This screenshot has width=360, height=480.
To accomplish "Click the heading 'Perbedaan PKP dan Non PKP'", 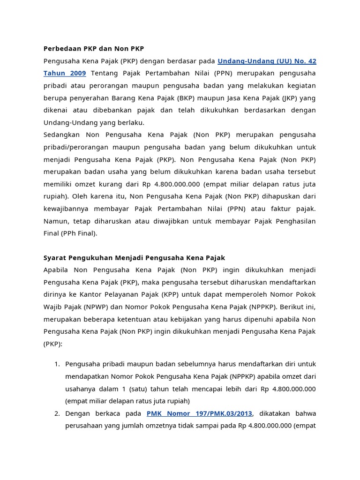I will (x=94, y=49).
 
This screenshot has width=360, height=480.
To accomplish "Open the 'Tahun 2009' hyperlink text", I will (x=65, y=73).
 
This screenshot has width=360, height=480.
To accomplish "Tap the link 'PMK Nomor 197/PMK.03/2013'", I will (x=199, y=413).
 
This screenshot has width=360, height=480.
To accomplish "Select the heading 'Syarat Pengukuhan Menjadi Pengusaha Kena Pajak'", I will (x=134, y=258).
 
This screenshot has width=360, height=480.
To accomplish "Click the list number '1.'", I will (x=57, y=364).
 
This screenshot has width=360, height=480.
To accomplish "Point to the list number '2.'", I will (x=57, y=413).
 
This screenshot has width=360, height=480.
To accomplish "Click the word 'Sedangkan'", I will (x=61, y=135).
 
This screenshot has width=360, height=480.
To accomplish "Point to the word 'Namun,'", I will (x=55, y=221).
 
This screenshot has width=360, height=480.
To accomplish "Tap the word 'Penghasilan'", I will (x=296, y=221).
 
